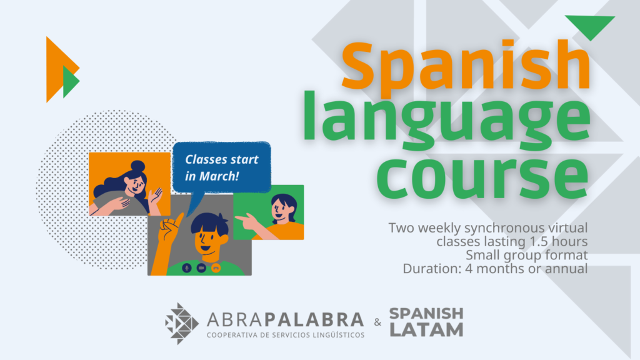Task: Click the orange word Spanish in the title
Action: (x=466, y=65)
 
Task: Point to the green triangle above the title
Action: (x=590, y=26)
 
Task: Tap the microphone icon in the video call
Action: (x=186, y=268)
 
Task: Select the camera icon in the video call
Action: (x=201, y=268)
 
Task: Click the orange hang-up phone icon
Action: (x=216, y=268)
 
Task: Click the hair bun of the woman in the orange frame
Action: (x=138, y=166)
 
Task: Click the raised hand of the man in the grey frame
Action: (x=170, y=228)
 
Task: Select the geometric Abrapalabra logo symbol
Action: (x=182, y=324)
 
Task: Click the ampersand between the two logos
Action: (x=377, y=322)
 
